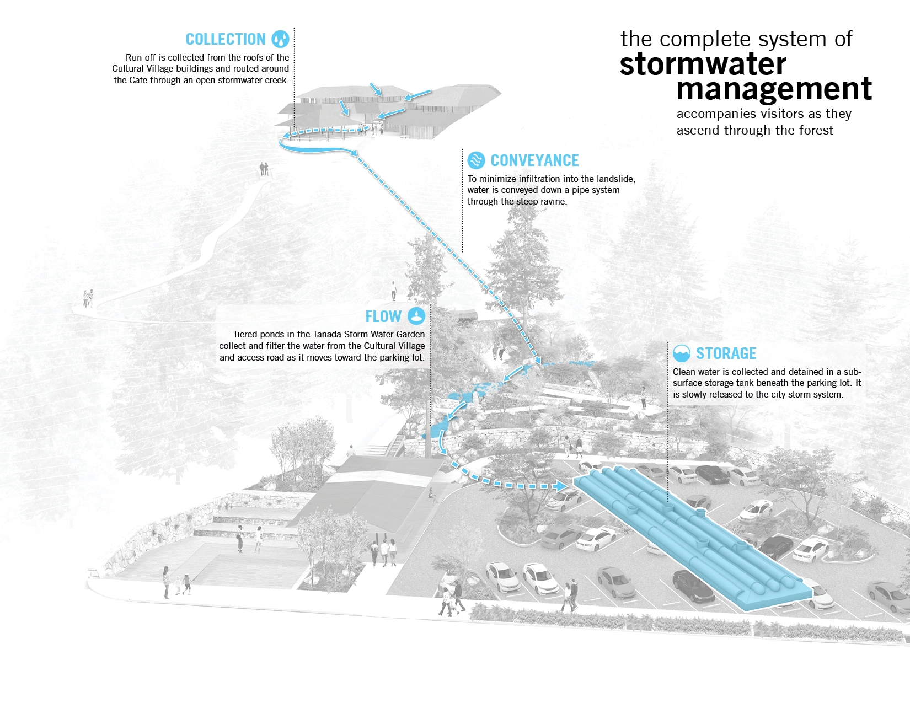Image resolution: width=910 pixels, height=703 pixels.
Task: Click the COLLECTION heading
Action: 226,40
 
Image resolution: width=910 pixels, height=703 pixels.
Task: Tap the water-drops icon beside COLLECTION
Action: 280,39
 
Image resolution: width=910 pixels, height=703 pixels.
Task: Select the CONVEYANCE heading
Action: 534,160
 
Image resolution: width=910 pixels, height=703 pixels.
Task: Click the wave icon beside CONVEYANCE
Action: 476,160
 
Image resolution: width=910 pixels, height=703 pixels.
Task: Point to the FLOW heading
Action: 383,316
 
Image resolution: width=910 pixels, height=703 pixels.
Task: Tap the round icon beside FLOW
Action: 416,316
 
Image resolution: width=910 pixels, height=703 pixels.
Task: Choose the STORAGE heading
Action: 726,353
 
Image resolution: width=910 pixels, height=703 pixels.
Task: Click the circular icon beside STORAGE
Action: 682,353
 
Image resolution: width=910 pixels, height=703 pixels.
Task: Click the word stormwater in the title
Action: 703,65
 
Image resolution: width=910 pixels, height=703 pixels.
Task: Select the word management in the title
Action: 774,89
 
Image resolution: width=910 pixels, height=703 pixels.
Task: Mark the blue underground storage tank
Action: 689,535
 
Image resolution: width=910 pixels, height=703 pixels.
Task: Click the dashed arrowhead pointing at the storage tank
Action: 560,486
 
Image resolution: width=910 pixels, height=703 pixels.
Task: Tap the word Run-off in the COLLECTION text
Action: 141,58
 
